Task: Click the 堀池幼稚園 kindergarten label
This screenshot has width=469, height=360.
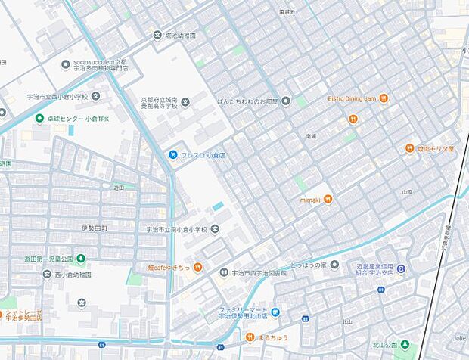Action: [181, 36]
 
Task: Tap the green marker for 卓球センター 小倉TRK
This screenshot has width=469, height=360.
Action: [39, 118]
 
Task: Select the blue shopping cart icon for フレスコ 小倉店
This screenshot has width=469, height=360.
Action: [172, 154]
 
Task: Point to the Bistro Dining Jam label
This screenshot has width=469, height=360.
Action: [352, 98]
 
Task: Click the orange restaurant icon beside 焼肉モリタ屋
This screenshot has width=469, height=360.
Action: [409, 148]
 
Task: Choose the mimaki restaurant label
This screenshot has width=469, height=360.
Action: [312, 199]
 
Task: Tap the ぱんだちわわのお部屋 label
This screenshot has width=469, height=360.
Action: [247, 101]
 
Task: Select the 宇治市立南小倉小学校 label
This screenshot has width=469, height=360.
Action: [176, 229]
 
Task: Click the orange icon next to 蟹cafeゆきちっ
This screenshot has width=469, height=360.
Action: [197, 266]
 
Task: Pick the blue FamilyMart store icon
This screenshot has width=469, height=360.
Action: [275, 312]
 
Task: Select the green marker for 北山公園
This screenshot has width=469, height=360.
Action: [405, 345]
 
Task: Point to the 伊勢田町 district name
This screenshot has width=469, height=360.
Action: [94, 227]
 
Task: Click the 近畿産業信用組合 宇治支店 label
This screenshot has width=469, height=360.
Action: [365, 270]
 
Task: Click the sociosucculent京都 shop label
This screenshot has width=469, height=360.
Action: [101, 64]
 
